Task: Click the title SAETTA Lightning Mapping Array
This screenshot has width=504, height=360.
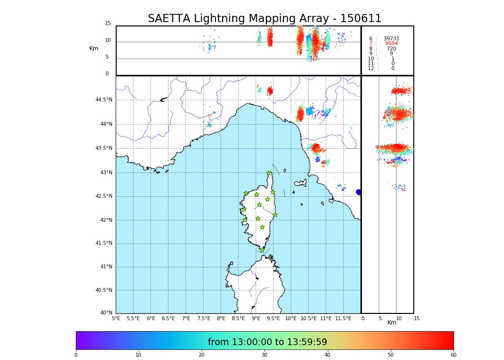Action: pyautogui.click(x=264, y=19)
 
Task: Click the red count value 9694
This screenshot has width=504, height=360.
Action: pyautogui.click(x=391, y=44)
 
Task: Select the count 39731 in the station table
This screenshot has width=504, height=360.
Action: pyautogui.click(x=391, y=38)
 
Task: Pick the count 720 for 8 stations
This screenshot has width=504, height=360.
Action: pyautogui.click(x=391, y=48)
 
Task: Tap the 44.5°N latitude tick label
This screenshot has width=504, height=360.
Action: pyautogui.click(x=104, y=100)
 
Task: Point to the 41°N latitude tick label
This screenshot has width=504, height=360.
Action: pyautogui.click(x=106, y=267)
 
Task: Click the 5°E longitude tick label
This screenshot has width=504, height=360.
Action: pyautogui.click(x=116, y=318)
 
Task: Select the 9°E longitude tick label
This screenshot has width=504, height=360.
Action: pyautogui.click(x=256, y=318)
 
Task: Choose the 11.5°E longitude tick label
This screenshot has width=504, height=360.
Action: pyautogui.click(x=343, y=318)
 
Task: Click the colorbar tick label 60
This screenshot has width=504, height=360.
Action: pyautogui.click(x=453, y=355)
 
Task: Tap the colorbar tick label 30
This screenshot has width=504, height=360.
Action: pyautogui.click(x=264, y=355)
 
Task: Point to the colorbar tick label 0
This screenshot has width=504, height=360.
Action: pyautogui.click(x=76, y=355)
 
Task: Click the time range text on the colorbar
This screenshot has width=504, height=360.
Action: pyautogui.click(x=267, y=342)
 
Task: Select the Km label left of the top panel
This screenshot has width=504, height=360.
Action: pyautogui.click(x=94, y=48)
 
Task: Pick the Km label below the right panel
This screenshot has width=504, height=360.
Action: pyautogui.click(x=392, y=323)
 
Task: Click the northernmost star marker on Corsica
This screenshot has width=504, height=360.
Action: pyautogui.click(x=268, y=173)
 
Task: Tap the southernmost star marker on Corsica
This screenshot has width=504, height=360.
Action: pyautogui.click(x=262, y=250)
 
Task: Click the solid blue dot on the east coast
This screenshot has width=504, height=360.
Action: pyautogui.click(x=359, y=192)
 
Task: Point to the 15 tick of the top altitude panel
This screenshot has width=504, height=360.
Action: pyautogui.click(x=108, y=24)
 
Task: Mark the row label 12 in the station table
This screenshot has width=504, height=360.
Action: pyautogui.click(x=371, y=69)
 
